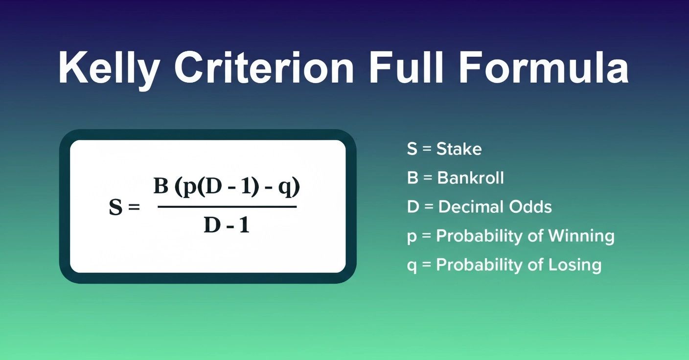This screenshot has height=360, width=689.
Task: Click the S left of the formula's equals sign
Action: coord(115,207)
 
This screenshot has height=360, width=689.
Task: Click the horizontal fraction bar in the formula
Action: coord(227,206)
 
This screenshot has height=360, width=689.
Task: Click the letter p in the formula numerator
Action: coord(189,188)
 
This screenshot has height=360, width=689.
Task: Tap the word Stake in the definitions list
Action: coord(459,149)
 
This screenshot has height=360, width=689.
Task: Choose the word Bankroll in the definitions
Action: coord(470,178)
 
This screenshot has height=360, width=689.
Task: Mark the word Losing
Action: coord(574,265)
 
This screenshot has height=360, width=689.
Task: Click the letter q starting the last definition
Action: coord(412,267)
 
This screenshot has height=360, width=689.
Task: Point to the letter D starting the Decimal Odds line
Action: coord(413,207)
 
